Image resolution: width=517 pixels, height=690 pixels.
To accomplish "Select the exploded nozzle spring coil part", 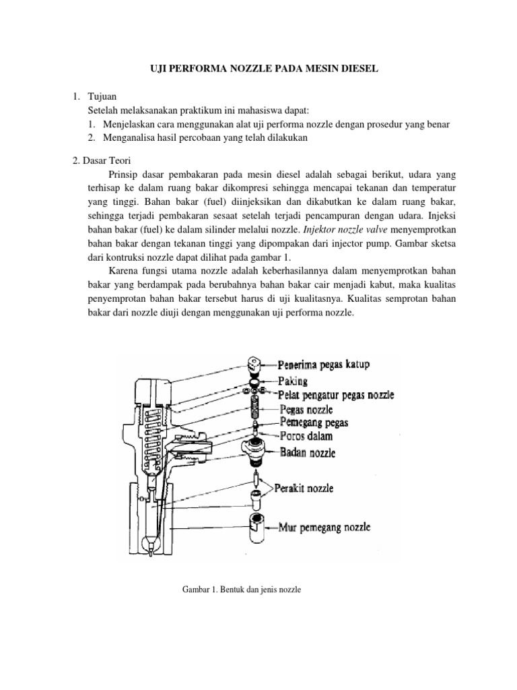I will [x=256, y=407].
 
